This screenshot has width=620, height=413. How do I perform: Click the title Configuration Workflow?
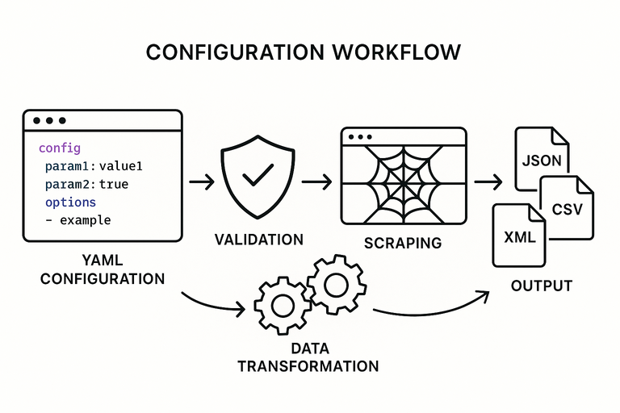[304, 52]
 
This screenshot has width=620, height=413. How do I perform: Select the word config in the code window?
[60, 148]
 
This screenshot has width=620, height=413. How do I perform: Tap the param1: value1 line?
[94, 166]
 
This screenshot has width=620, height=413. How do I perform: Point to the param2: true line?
[86, 184]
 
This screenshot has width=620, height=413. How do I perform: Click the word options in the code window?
[70, 202]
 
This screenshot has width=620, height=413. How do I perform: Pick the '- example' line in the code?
[77, 219]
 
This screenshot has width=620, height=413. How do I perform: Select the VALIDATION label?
[259, 240]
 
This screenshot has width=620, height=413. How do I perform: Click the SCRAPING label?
[403, 242]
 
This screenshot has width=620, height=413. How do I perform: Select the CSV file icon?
[567, 209]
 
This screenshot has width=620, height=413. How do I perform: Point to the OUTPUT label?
[541, 286]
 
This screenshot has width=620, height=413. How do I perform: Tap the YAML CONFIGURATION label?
[103, 269]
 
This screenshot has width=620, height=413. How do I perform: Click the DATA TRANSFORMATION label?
[308, 357]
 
